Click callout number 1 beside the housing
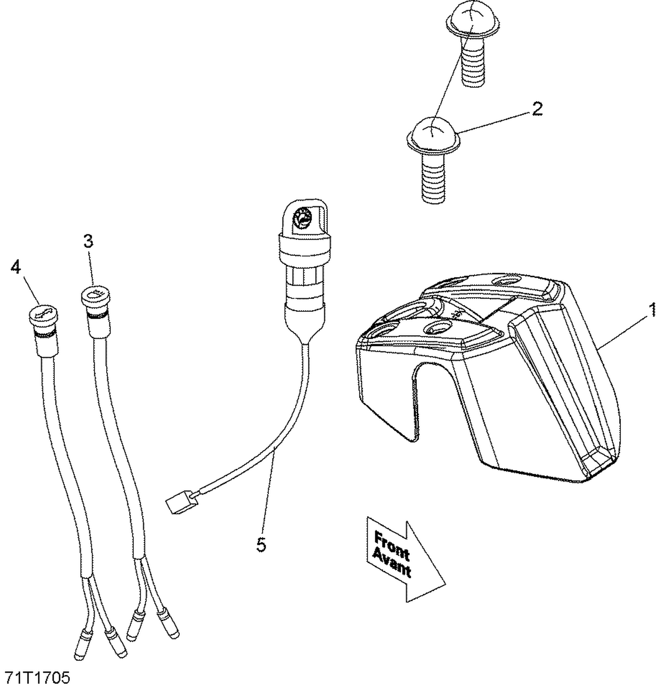(x=651, y=309)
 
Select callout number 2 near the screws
(x=536, y=109)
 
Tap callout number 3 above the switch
(x=89, y=241)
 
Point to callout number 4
(x=16, y=267)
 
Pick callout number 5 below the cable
(x=261, y=545)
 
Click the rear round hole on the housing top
(x=505, y=281)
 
